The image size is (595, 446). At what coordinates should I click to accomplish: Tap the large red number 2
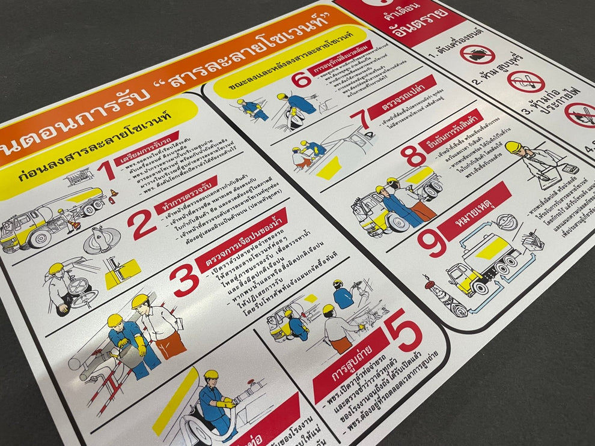coord(142,225)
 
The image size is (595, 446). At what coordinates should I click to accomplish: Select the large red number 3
coord(183,280)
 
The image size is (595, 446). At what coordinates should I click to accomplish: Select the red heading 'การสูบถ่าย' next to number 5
coord(350,364)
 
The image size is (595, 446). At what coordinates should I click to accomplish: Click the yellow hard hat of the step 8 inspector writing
coord(513,146)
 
